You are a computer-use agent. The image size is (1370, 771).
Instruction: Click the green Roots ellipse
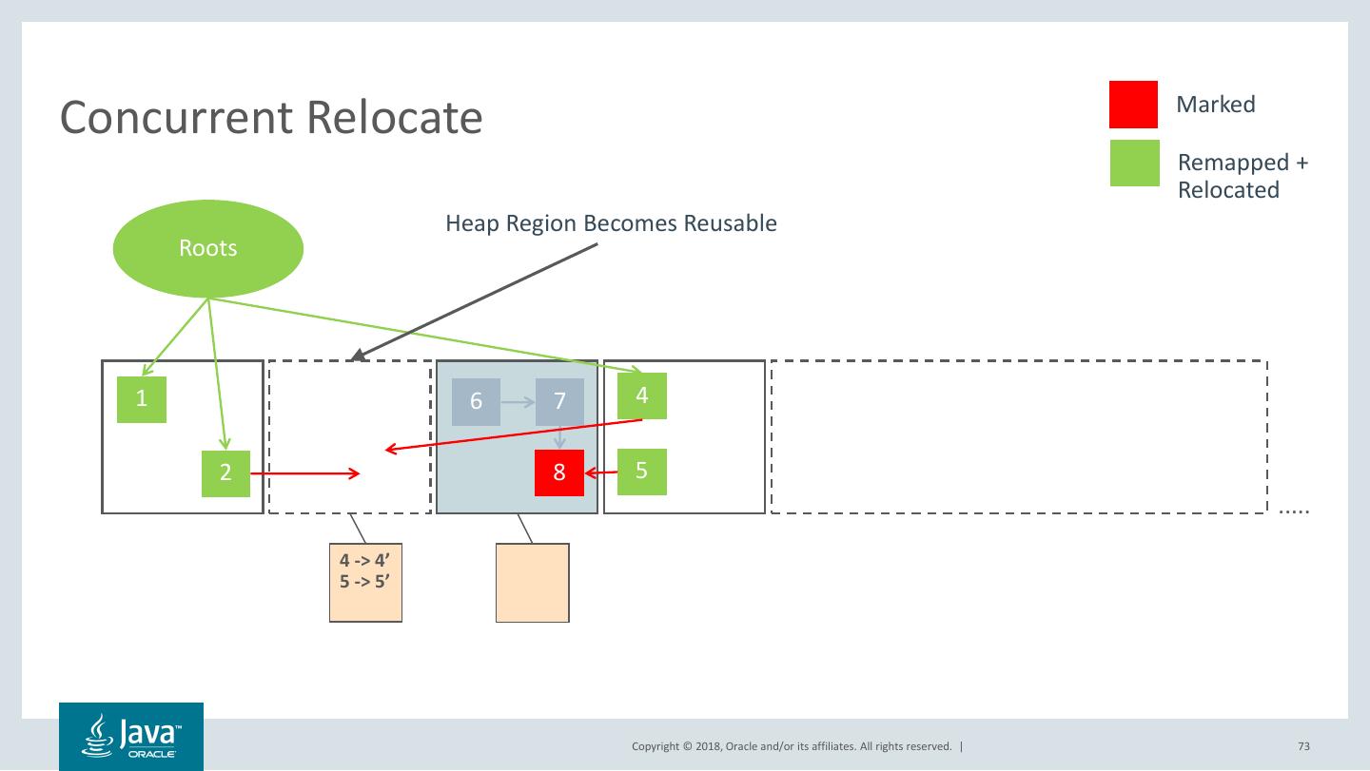[208, 248]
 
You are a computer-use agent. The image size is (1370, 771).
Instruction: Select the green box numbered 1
[142, 399]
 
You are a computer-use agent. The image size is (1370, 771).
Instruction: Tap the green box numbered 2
[225, 473]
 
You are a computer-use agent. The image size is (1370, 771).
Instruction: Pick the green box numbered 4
[642, 395]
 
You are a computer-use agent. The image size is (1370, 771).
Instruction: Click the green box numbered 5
[642, 472]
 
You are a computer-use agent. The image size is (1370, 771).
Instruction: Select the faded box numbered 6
[476, 401]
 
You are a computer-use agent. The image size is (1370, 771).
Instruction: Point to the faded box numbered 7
[559, 401]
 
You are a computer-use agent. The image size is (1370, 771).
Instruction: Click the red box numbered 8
[559, 472]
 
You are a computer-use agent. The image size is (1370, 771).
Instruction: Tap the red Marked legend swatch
[1133, 105]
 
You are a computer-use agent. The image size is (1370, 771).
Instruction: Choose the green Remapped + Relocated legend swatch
[1134, 163]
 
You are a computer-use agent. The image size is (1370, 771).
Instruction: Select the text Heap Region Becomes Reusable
[611, 224]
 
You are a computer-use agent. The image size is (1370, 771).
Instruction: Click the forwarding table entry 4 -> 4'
[365, 561]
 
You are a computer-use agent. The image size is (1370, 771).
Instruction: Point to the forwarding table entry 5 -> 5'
[365, 580]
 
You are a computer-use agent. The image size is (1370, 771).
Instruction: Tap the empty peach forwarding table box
[532, 583]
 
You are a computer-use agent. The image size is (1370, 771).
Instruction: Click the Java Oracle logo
[131, 737]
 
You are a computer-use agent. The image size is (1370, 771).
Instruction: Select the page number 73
[1303, 746]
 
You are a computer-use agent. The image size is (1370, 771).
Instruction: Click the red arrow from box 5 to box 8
[601, 472]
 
